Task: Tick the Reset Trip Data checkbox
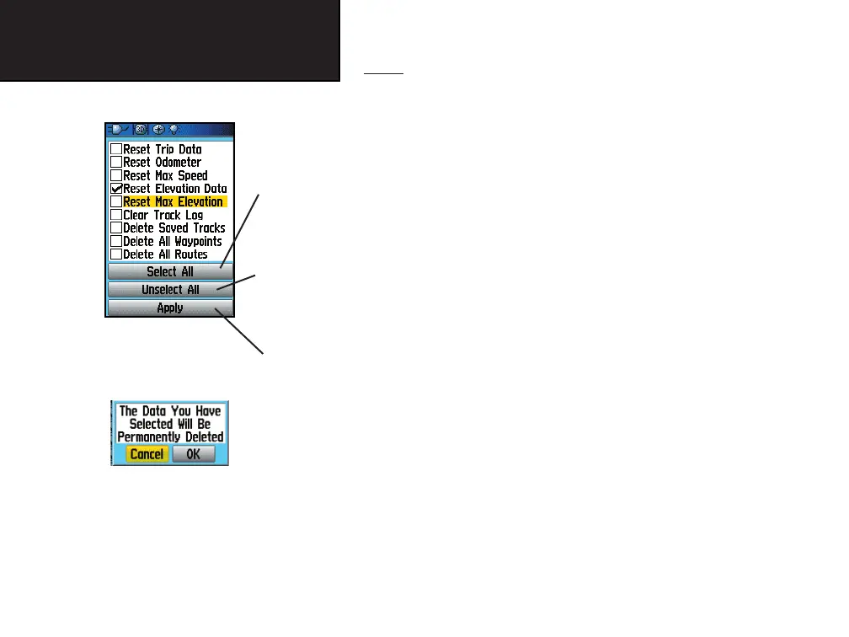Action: point(116,149)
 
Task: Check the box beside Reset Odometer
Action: point(116,163)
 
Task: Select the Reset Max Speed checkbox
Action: point(116,175)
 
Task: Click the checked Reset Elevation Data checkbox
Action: point(116,189)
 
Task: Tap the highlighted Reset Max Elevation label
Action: point(173,202)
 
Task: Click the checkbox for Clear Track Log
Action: point(116,215)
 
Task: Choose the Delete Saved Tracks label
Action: point(174,228)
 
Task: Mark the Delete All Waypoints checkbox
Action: point(116,241)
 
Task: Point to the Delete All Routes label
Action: point(165,254)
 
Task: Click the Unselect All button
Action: point(169,290)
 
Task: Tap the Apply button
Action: point(169,308)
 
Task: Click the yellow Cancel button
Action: point(147,454)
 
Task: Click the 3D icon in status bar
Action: point(141,130)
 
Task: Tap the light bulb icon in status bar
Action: point(174,130)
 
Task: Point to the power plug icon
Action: point(118,130)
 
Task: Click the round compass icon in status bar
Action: point(158,130)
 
